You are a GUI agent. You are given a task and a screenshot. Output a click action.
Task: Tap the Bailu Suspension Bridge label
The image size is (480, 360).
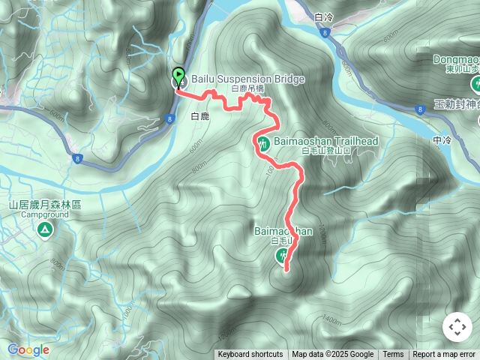[238, 79]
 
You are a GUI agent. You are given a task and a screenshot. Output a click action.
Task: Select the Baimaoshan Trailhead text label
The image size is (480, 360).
[325, 141]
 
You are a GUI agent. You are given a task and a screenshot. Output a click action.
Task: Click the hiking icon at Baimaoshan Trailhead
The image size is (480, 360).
[263, 143]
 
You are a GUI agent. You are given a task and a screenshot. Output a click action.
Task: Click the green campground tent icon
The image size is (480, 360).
[45, 229]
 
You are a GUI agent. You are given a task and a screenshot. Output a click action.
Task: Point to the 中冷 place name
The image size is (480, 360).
[442, 139]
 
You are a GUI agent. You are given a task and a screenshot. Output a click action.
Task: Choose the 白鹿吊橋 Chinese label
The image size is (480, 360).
[248, 88]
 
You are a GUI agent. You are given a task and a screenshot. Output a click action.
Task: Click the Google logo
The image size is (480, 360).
[28, 350]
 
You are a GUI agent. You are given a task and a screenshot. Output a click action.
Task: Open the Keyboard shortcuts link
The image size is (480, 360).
[250, 355]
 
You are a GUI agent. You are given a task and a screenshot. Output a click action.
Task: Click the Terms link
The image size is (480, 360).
[393, 355]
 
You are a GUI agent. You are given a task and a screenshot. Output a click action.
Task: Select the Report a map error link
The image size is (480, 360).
[444, 355]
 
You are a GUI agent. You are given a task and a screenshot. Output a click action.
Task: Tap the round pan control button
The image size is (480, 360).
[457, 327]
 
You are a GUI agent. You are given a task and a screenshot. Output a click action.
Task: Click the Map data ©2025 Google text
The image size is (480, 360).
[332, 355]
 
